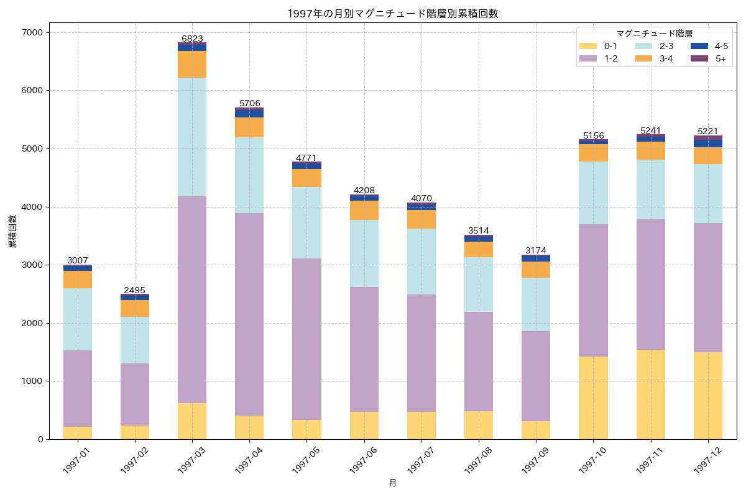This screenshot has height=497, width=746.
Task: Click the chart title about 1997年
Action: pos(393,14)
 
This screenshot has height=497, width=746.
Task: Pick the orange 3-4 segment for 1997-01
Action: pos(78,280)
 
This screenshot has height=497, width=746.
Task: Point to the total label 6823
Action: pos(192,39)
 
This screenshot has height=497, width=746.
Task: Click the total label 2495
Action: pos(135,290)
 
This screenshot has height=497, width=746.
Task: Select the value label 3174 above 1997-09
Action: pos(536,250)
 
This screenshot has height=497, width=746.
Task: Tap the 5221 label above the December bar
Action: pos(708,131)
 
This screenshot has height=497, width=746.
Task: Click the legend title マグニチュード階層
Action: pos(654,34)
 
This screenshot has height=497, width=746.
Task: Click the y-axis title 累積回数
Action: pos(12,231)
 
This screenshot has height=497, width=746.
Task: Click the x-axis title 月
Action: pos(393,483)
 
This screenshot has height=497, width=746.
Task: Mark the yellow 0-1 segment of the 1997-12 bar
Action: pos(708,396)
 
